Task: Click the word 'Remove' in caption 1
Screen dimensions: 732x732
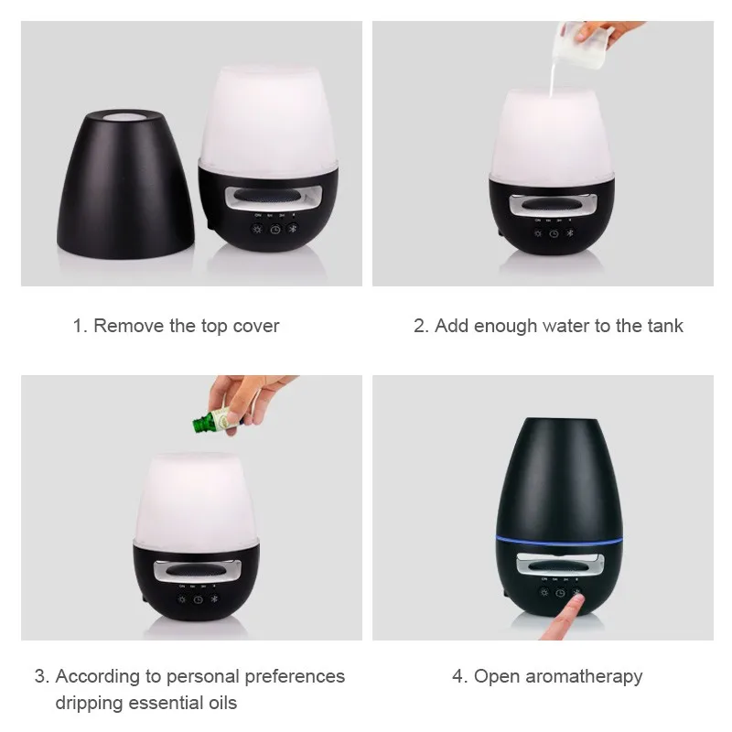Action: (129, 326)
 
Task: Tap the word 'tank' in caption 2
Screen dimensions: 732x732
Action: (662, 326)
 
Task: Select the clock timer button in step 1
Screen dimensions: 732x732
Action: (273, 230)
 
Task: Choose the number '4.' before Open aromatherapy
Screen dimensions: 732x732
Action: (459, 676)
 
